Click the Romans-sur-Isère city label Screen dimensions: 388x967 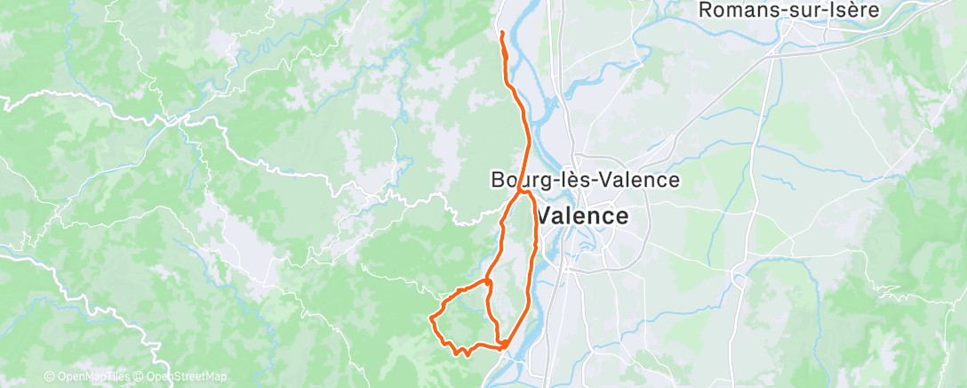pos(789,11)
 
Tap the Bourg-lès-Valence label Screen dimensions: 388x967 pos(585,180)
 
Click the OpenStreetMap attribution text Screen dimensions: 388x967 pos(181,376)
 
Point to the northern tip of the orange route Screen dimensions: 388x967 pos(502,33)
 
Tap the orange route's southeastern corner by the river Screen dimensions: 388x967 pos(505,344)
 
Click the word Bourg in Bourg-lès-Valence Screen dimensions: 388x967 pos(515,180)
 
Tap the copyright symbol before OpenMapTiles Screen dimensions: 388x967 pos(51,376)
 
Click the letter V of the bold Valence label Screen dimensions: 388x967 pos(547,215)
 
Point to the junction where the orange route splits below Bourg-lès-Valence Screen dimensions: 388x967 pos(522,190)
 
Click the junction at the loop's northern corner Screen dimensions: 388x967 pos(488,281)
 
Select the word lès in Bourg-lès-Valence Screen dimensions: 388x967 pos(576,180)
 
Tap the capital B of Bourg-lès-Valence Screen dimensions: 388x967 pos(497,180)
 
